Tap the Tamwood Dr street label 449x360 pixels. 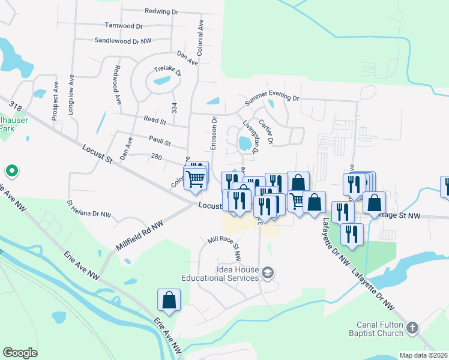(124, 26)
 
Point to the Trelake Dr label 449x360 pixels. (167, 69)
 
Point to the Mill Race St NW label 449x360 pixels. (224, 247)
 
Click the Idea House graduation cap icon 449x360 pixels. (268, 274)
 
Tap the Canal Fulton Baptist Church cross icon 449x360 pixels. (412, 328)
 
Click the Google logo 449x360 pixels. (20, 353)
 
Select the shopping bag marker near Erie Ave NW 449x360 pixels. (169, 300)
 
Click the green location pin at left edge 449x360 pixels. (11, 172)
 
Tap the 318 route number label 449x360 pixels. (16, 107)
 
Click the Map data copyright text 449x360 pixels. (424, 355)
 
